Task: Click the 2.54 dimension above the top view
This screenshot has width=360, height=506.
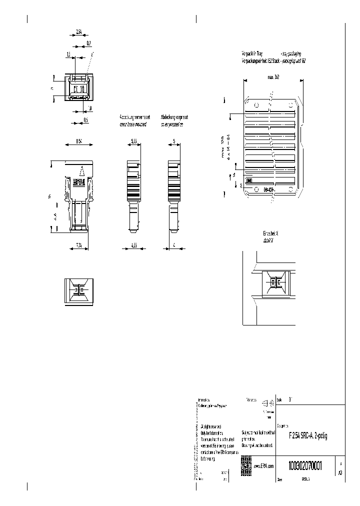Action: (x=79, y=31)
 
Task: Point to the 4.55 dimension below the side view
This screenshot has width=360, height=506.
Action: (x=133, y=244)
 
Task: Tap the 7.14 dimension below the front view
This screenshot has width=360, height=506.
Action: (x=78, y=244)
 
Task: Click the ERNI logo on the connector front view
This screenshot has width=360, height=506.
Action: (x=79, y=183)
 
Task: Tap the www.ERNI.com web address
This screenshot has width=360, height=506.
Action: (x=264, y=465)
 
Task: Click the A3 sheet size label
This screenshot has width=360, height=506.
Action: (x=340, y=471)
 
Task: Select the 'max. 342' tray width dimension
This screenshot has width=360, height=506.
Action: (x=273, y=77)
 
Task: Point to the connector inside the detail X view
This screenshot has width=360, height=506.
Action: (x=273, y=282)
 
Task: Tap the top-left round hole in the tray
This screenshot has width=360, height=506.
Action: (x=256, y=105)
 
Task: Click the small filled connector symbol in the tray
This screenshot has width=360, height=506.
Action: (x=249, y=180)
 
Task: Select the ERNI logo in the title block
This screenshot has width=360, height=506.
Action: (x=245, y=462)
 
